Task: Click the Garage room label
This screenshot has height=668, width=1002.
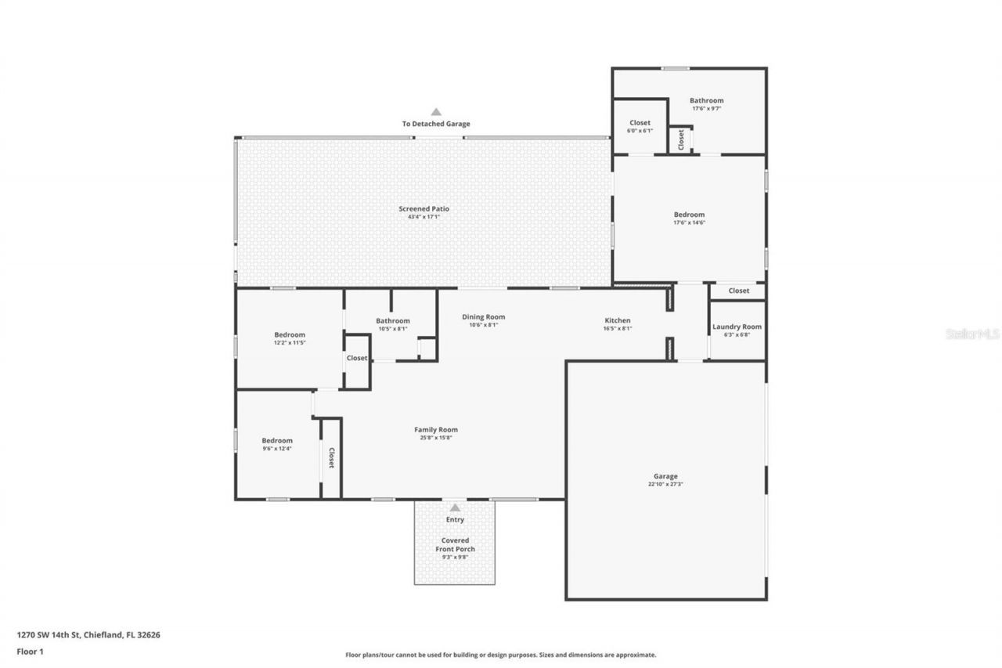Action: tap(665, 476)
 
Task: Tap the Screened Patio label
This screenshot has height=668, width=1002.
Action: tap(424, 208)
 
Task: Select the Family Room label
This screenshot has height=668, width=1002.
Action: tap(436, 429)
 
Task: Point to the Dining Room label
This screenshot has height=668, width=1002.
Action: tap(483, 317)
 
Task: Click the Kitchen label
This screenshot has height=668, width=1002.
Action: tap(617, 320)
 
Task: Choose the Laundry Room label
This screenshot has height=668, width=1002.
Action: tap(737, 327)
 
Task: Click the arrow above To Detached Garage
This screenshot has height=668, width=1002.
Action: tap(436, 112)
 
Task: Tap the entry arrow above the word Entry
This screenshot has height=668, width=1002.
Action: tap(455, 507)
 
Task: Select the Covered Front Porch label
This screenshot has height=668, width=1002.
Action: tap(455, 544)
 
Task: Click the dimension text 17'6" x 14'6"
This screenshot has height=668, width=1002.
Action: tap(689, 222)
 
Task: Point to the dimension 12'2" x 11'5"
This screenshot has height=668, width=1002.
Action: tap(289, 343)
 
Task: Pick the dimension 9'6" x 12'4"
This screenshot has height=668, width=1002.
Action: tap(277, 449)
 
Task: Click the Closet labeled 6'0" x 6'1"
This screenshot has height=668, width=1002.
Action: tap(640, 123)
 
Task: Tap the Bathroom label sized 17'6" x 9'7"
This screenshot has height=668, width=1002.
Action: tap(706, 100)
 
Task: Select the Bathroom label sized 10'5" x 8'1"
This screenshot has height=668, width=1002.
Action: tap(392, 320)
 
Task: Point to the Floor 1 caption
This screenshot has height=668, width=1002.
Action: tap(30, 651)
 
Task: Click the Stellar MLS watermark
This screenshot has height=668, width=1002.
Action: tap(972, 334)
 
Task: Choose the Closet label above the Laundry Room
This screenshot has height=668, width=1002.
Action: tap(738, 291)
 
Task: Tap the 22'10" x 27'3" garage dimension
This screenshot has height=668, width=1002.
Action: tap(665, 485)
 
